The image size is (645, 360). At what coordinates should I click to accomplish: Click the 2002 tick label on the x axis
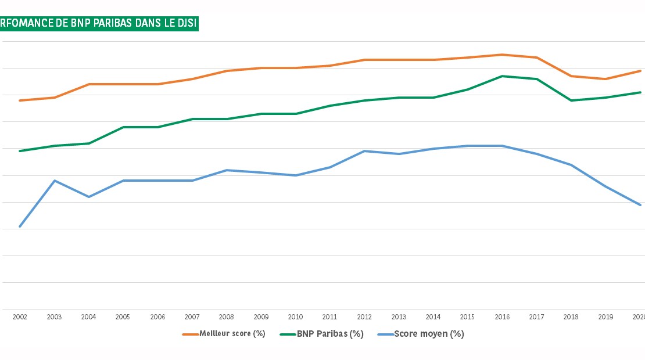point(20,317)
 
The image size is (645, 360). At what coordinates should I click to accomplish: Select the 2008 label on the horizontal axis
point(227,317)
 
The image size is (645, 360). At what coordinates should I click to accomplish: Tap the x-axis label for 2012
point(364,317)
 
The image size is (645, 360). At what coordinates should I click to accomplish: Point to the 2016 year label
point(502,317)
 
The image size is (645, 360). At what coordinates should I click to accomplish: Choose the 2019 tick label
point(605,317)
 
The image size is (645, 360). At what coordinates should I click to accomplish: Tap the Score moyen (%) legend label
point(429,334)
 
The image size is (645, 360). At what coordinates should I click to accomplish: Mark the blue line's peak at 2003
point(54,181)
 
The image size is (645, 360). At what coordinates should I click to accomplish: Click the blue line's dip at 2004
point(88,197)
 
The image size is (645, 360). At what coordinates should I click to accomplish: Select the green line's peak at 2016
point(502,76)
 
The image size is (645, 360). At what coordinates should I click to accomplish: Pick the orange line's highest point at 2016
point(502,55)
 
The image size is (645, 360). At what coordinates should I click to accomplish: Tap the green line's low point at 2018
point(571,100)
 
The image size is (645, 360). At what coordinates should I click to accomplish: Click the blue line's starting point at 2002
point(20,226)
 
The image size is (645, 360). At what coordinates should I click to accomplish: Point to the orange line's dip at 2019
point(605,79)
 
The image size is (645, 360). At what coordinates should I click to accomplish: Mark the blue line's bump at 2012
point(364,151)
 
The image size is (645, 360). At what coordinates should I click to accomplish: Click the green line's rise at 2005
point(123,127)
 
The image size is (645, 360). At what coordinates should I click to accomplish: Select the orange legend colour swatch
point(191,334)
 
